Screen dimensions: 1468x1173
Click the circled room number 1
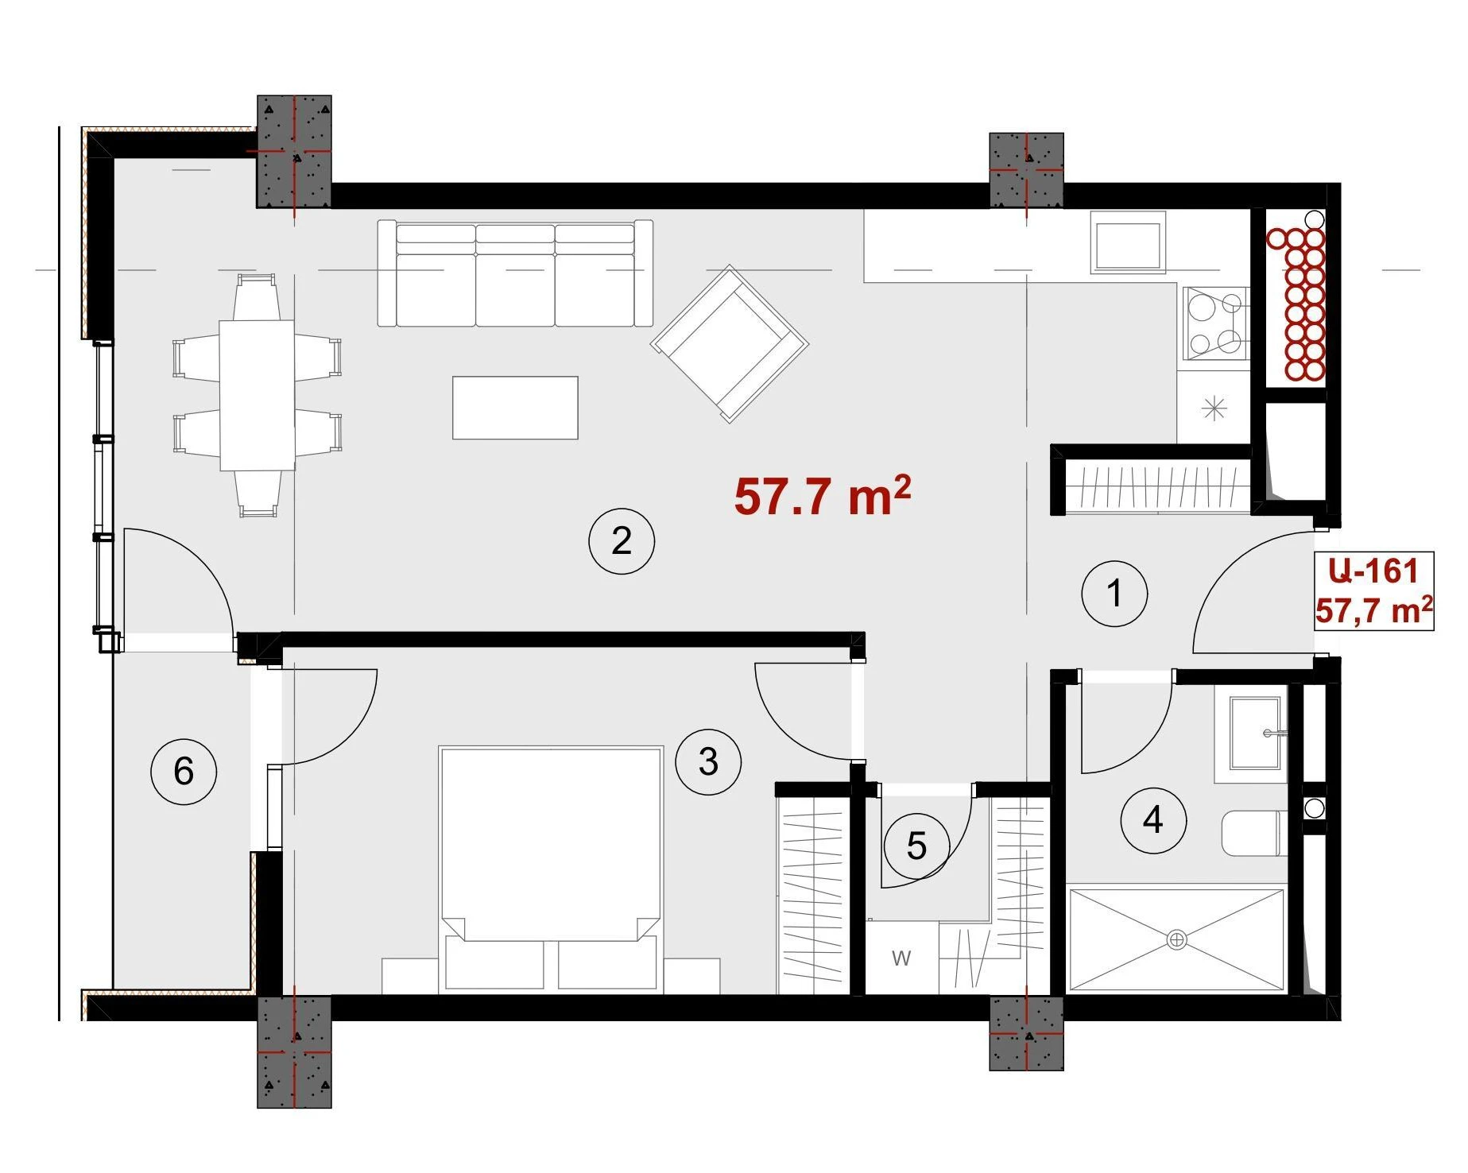1114,593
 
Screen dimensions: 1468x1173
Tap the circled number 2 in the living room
622,541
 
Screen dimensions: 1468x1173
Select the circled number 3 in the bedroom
708,762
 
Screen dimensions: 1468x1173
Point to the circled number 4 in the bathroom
1153,820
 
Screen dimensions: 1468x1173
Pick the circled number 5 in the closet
916,846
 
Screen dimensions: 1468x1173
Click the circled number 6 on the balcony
184,771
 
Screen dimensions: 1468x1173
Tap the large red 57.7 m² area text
822,496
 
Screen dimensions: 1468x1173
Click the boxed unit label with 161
1374,590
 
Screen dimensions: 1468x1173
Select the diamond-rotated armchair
730,343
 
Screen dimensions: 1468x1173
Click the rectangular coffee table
515,408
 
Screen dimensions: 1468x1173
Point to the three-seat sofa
515,273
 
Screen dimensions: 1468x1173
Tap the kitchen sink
1128,242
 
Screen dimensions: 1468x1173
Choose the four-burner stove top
1214,323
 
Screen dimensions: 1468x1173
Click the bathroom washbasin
1255,734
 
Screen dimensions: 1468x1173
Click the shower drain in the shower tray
1176,940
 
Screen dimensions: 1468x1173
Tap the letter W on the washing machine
901,958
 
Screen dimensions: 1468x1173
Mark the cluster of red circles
1296,303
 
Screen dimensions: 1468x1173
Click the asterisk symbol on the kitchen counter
1214,409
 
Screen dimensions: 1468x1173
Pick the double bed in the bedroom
551,869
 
